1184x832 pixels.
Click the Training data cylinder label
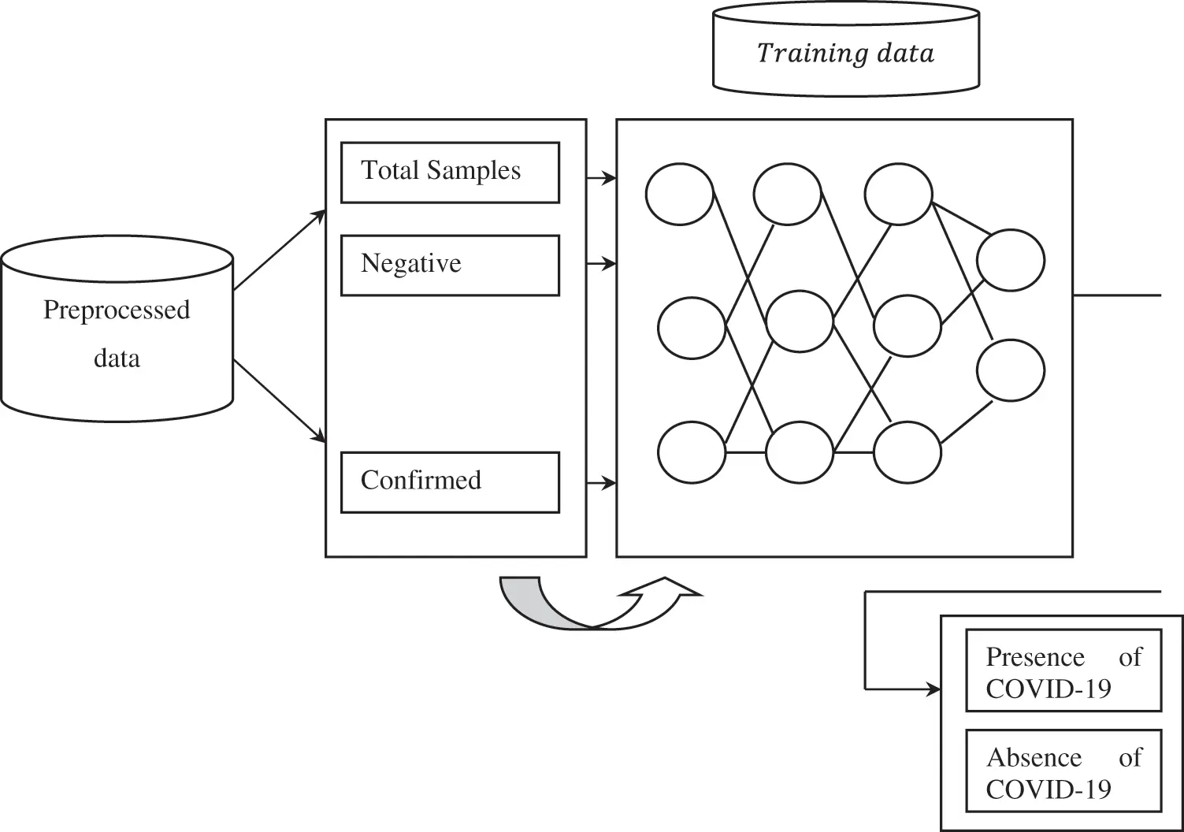[845, 54]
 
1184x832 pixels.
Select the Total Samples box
[450, 172]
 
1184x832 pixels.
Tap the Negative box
[450, 265]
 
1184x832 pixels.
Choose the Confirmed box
[450, 481]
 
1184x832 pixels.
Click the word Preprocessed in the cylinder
[117, 310]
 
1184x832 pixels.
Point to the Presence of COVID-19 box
[1063, 670]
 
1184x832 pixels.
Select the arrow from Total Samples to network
[602, 178]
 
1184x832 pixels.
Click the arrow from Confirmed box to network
[602, 483]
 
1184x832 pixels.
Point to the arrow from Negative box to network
[602, 263]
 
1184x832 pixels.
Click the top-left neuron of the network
[679, 194]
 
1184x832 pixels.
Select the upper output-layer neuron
[1011, 260]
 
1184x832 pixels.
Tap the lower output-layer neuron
[1011, 370]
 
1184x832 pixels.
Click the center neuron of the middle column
[800, 321]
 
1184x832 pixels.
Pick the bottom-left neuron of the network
[692, 452]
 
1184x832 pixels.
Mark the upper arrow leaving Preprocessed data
[280, 250]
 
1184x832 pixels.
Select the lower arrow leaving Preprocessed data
[280, 401]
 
